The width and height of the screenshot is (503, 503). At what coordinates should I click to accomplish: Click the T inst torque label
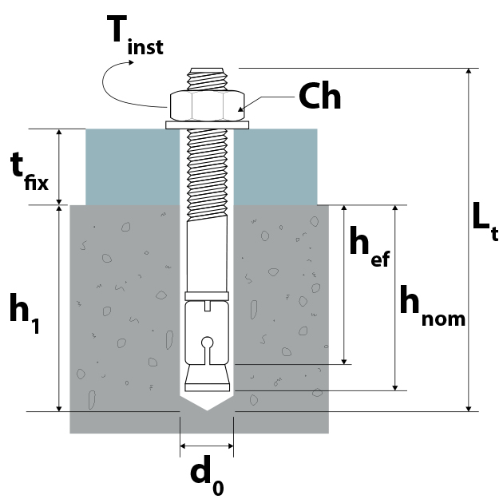(x=135, y=34)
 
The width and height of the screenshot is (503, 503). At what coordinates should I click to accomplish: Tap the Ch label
(x=319, y=96)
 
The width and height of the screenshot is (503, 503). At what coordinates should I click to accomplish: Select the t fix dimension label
(x=30, y=172)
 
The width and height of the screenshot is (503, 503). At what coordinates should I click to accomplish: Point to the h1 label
(x=25, y=314)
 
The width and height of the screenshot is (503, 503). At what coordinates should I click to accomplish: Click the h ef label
(x=370, y=246)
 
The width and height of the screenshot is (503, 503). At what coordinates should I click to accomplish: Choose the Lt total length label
(x=485, y=221)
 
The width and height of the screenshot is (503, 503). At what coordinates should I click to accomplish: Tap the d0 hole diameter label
(x=208, y=475)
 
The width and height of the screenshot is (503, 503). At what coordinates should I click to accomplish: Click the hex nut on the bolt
(x=208, y=106)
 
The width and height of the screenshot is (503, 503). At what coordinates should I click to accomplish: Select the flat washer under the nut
(x=208, y=125)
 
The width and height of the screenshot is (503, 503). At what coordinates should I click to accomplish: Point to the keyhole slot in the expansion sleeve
(x=208, y=350)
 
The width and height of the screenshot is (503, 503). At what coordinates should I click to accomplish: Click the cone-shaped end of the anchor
(x=208, y=378)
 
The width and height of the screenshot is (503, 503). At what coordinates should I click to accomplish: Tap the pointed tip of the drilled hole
(x=208, y=410)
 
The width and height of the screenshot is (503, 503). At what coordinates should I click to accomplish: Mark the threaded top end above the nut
(x=208, y=79)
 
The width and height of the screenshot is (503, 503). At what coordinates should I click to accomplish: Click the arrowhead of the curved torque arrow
(x=131, y=62)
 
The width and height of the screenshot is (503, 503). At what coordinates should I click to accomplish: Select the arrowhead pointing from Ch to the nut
(x=240, y=109)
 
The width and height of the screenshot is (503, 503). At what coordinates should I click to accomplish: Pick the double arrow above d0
(x=207, y=446)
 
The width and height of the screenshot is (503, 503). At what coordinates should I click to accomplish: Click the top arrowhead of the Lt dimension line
(x=469, y=72)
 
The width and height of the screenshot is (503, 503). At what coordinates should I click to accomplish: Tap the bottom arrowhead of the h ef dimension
(x=344, y=361)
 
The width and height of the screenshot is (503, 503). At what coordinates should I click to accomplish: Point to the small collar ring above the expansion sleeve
(x=207, y=296)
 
